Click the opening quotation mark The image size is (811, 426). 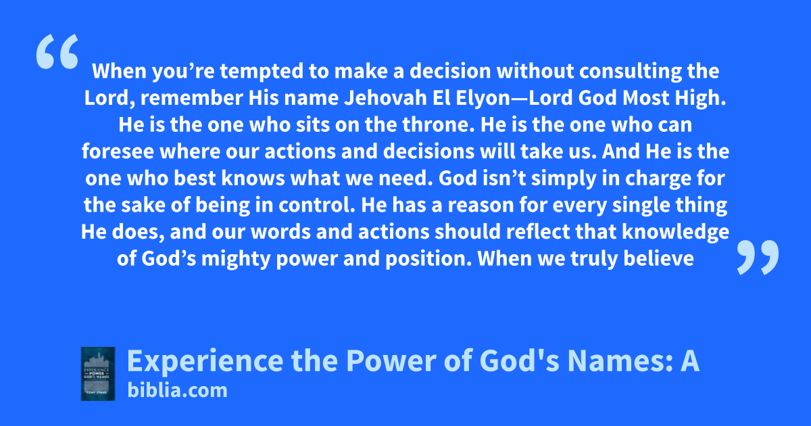[57, 51]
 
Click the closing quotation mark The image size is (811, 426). [758, 258]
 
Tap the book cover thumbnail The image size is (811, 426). [98, 374]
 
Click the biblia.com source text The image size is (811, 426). [177, 391]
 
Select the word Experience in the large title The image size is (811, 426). [205, 361]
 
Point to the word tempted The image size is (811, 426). [262, 72]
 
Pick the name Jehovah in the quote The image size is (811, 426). [385, 98]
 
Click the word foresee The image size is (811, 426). [118, 151]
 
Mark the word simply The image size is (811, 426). [564, 179]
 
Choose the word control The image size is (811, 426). [317, 205]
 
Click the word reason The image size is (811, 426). [481, 206]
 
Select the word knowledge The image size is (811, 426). [676, 233]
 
